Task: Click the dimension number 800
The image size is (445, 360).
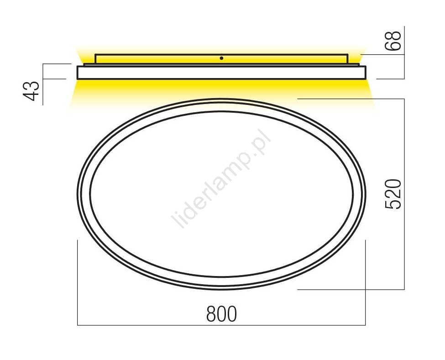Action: coord(221,314)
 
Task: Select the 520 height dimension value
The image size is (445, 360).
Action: coord(393,194)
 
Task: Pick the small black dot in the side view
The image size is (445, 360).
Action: coord(221,58)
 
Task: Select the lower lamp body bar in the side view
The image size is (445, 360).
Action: coord(221,73)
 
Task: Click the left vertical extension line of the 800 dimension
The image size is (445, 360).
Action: coord(78,283)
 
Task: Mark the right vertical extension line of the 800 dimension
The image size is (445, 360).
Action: coord(365,283)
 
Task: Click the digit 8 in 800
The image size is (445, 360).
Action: coord(211,314)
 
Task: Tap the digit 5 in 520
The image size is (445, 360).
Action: coord(393,203)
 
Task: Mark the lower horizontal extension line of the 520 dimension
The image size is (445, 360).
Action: coord(351,289)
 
